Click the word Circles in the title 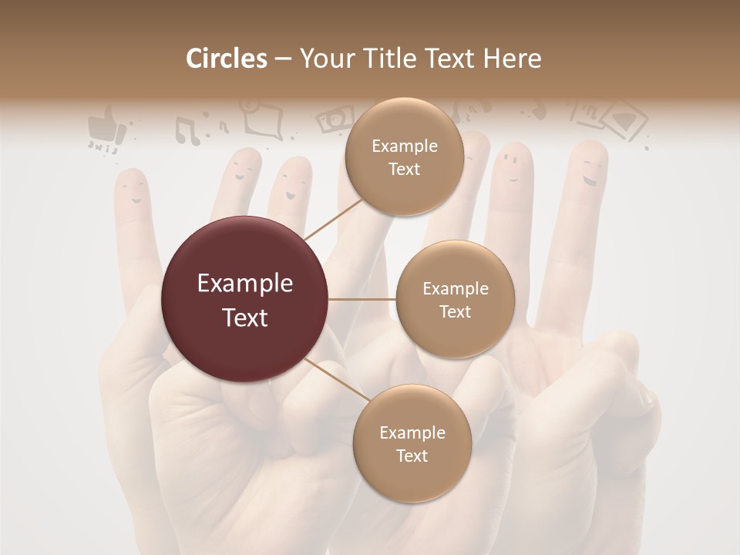227,59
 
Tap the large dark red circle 245,299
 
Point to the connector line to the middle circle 362,299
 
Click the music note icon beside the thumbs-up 187,129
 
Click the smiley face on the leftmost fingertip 133,189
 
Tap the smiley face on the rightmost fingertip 590,171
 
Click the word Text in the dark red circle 245,317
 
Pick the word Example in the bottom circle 412,432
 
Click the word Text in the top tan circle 404,170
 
